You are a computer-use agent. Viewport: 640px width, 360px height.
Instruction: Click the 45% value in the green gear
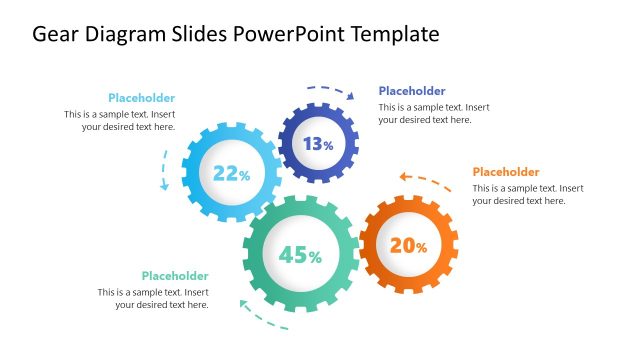tap(300, 256)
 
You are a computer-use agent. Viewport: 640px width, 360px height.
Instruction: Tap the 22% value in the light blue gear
tap(231, 174)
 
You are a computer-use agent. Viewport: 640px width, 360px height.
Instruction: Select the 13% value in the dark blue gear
tap(318, 144)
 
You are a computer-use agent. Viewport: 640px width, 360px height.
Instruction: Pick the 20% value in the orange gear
tap(408, 245)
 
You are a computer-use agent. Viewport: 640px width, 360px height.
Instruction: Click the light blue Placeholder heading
tap(141, 98)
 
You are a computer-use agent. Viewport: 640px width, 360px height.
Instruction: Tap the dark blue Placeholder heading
tap(412, 91)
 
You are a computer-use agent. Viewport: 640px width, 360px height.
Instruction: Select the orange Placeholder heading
tap(505, 172)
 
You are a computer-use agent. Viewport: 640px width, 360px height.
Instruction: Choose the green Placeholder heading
tap(175, 276)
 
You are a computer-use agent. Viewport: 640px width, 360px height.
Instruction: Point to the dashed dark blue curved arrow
tap(331, 90)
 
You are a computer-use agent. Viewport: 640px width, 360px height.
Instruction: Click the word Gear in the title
tap(56, 34)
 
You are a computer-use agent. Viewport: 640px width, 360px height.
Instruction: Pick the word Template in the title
tap(400, 34)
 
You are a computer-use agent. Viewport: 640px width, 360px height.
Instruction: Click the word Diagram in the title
tap(127, 34)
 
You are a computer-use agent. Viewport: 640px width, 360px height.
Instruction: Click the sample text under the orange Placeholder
tap(528, 194)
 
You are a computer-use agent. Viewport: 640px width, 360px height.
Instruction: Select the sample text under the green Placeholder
tap(153, 298)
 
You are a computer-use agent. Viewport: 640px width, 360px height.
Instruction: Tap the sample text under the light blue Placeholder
tap(120, 120)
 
